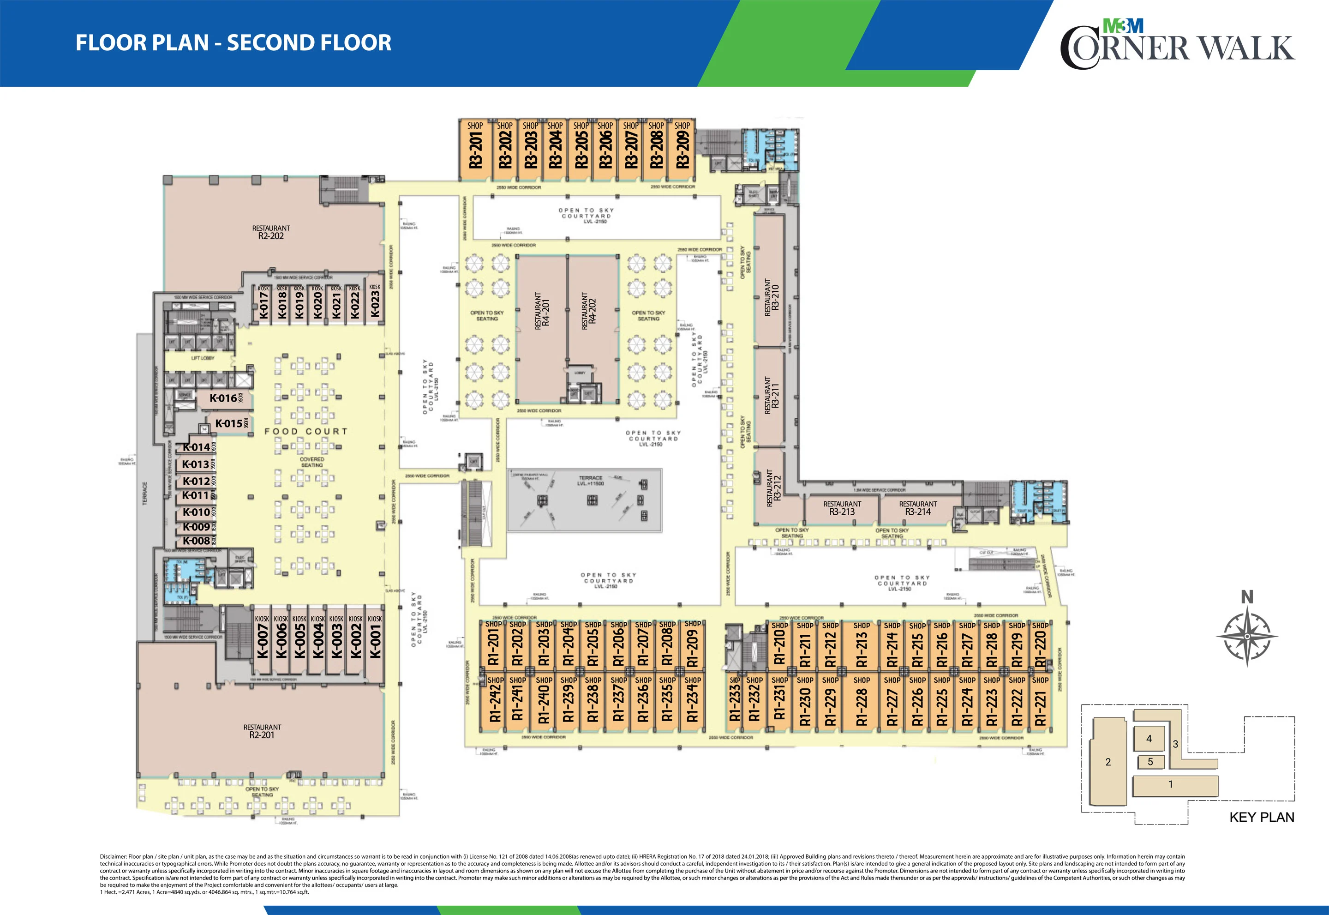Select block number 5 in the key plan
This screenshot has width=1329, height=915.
pos(1149,762)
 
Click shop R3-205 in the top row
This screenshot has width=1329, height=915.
pos(581,148)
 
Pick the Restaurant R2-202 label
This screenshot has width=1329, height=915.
pos(271,232)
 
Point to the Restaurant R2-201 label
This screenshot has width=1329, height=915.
pos(262,731)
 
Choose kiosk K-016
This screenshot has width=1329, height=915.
pos(223,398)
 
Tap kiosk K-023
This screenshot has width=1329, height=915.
pos(375,304)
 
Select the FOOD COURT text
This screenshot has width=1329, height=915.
pos(306,431)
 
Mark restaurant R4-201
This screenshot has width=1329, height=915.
pos(542,310)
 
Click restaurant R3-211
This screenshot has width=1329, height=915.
pos(772,396)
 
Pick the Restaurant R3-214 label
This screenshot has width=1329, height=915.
pos(917,508)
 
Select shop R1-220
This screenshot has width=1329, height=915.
pos(1040,645)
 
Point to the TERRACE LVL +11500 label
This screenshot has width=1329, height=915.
pos(590,481)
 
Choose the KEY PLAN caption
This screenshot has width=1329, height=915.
pos(1261,817)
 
